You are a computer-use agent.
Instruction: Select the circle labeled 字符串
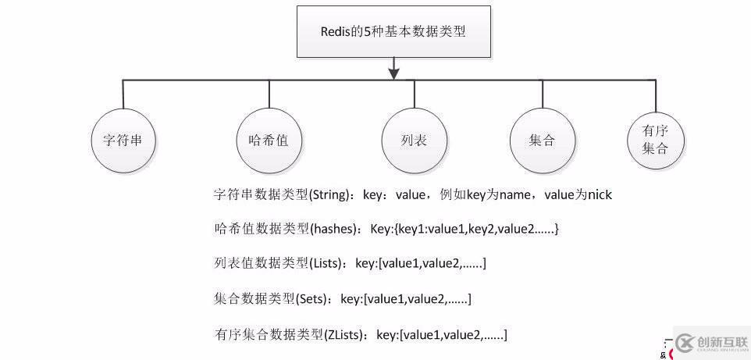(x=123, y=141)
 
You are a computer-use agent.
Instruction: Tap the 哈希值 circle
(x=269, y=141)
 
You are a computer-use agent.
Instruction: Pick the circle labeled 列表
(x=415, y=141)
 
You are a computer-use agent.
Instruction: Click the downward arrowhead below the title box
(x=394, y=73)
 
